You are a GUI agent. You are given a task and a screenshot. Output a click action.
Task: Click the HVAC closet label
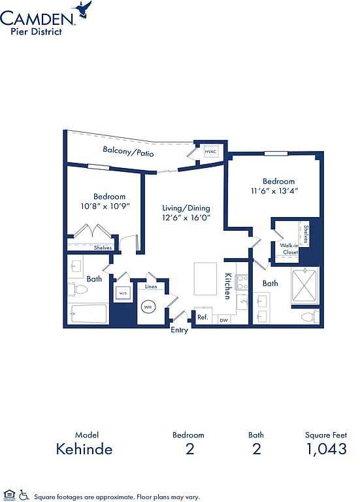210,152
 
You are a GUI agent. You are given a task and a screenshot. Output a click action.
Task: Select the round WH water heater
148,307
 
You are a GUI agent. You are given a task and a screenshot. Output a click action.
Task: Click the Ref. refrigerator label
203,317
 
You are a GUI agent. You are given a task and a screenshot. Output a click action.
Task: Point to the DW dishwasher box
224,320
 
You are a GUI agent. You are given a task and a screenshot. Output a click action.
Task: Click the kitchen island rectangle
205,279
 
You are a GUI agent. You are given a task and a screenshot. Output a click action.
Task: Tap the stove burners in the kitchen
242,282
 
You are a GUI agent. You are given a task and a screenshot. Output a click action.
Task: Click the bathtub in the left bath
88,314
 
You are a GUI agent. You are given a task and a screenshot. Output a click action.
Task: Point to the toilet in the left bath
78,290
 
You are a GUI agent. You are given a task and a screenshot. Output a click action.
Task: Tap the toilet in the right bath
310,317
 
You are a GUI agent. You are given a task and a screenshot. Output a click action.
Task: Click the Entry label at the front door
179,330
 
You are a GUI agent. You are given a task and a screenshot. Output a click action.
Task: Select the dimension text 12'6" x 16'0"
186,218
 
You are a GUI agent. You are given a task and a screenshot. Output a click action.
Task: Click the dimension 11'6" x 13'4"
274,191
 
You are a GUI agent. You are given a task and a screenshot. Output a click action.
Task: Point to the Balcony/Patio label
128,151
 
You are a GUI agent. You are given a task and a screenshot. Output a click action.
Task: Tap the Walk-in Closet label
289,249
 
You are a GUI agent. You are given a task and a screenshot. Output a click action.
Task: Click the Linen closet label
151,286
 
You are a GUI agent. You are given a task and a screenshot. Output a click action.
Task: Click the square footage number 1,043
327,449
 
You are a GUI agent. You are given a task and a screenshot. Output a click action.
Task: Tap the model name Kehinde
84,449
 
